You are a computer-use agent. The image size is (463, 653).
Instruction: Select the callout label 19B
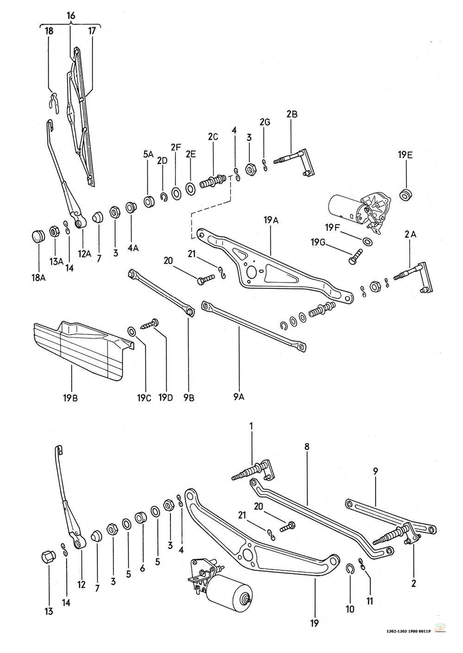(x=72, y=397)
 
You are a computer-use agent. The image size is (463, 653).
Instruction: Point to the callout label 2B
(x=292, y=113)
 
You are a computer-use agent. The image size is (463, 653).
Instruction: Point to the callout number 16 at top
(x=70, y=16)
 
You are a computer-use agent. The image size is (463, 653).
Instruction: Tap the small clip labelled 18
(x=54, y=101)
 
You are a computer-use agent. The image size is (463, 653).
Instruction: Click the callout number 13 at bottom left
(x=49, y=612)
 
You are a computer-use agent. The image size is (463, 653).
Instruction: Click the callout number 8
(x=307, y=447)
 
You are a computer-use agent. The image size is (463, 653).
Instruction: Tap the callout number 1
(x=251, y=425)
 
